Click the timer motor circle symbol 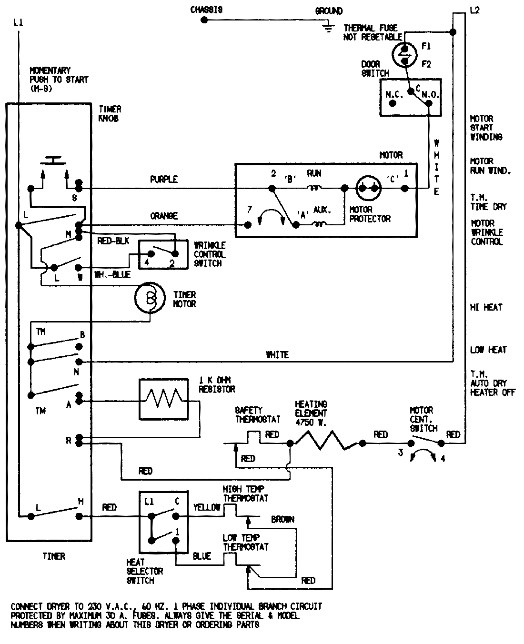pyautogui.click(x=151, y=298)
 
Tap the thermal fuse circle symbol pyautogui.click(x=404, y=54)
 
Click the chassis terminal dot pyautogui.click(x=204, y=20)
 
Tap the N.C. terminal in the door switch pyautogui.click(x=393, y=103)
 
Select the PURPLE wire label pyautogui.click(x=164, y=180)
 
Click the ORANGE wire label pyautogui.click(x=164, y=216)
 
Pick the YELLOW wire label pyautogui.click(x=207, y=508)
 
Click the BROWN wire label pyautogui.click(x=283, y=520)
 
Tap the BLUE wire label pyautogui.click(x=202, y=556)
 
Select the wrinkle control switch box pyautogui.click(x=160, y=255)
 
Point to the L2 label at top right pyautogui.click(x=474, y=10)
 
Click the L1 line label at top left pyautogui.click(x=18, y=22)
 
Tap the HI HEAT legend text pyautogui.click(x=486, y=308)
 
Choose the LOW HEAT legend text pyautogui.click(x=488, y=350)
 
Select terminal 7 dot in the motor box pyautogui.click(x=247, y=225)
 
